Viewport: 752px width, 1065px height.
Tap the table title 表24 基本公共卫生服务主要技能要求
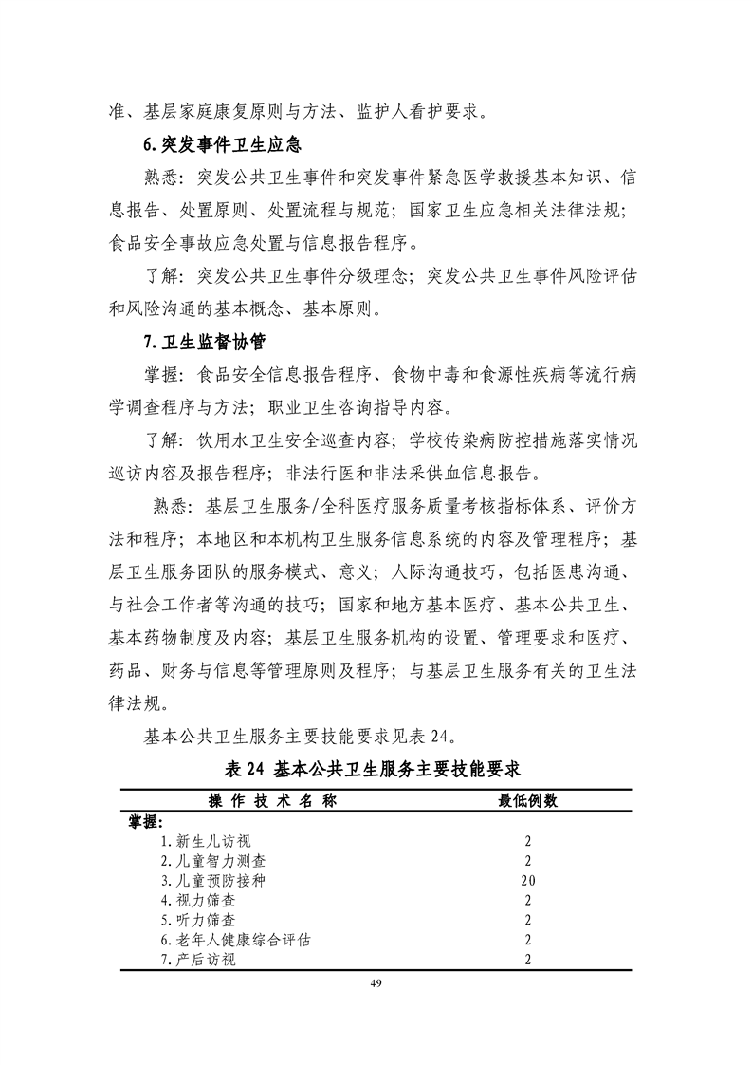(376, 767)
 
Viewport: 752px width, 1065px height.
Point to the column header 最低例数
(528, 800)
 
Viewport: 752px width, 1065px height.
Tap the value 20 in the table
(528, 880)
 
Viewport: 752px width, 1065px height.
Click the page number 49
(376, 982)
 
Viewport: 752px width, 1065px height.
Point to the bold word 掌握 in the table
(145, 821)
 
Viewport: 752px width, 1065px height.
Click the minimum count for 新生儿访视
(528, 841)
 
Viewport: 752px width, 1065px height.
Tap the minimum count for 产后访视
(528, 960)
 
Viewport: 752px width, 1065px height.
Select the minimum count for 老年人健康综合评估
(528, 940)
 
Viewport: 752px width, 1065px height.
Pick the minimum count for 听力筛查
(528, 920)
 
